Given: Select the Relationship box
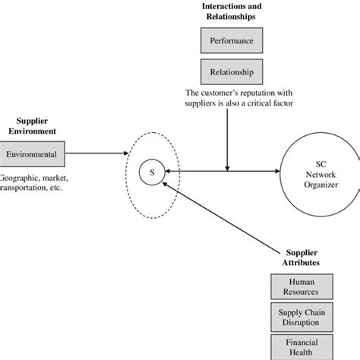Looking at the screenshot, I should pyautogui.click(x=226, y=73).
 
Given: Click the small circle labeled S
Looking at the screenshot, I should pyautogui.click(x=151, y=173).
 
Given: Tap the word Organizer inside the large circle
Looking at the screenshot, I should pyautogui.click(x=318, y=183).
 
